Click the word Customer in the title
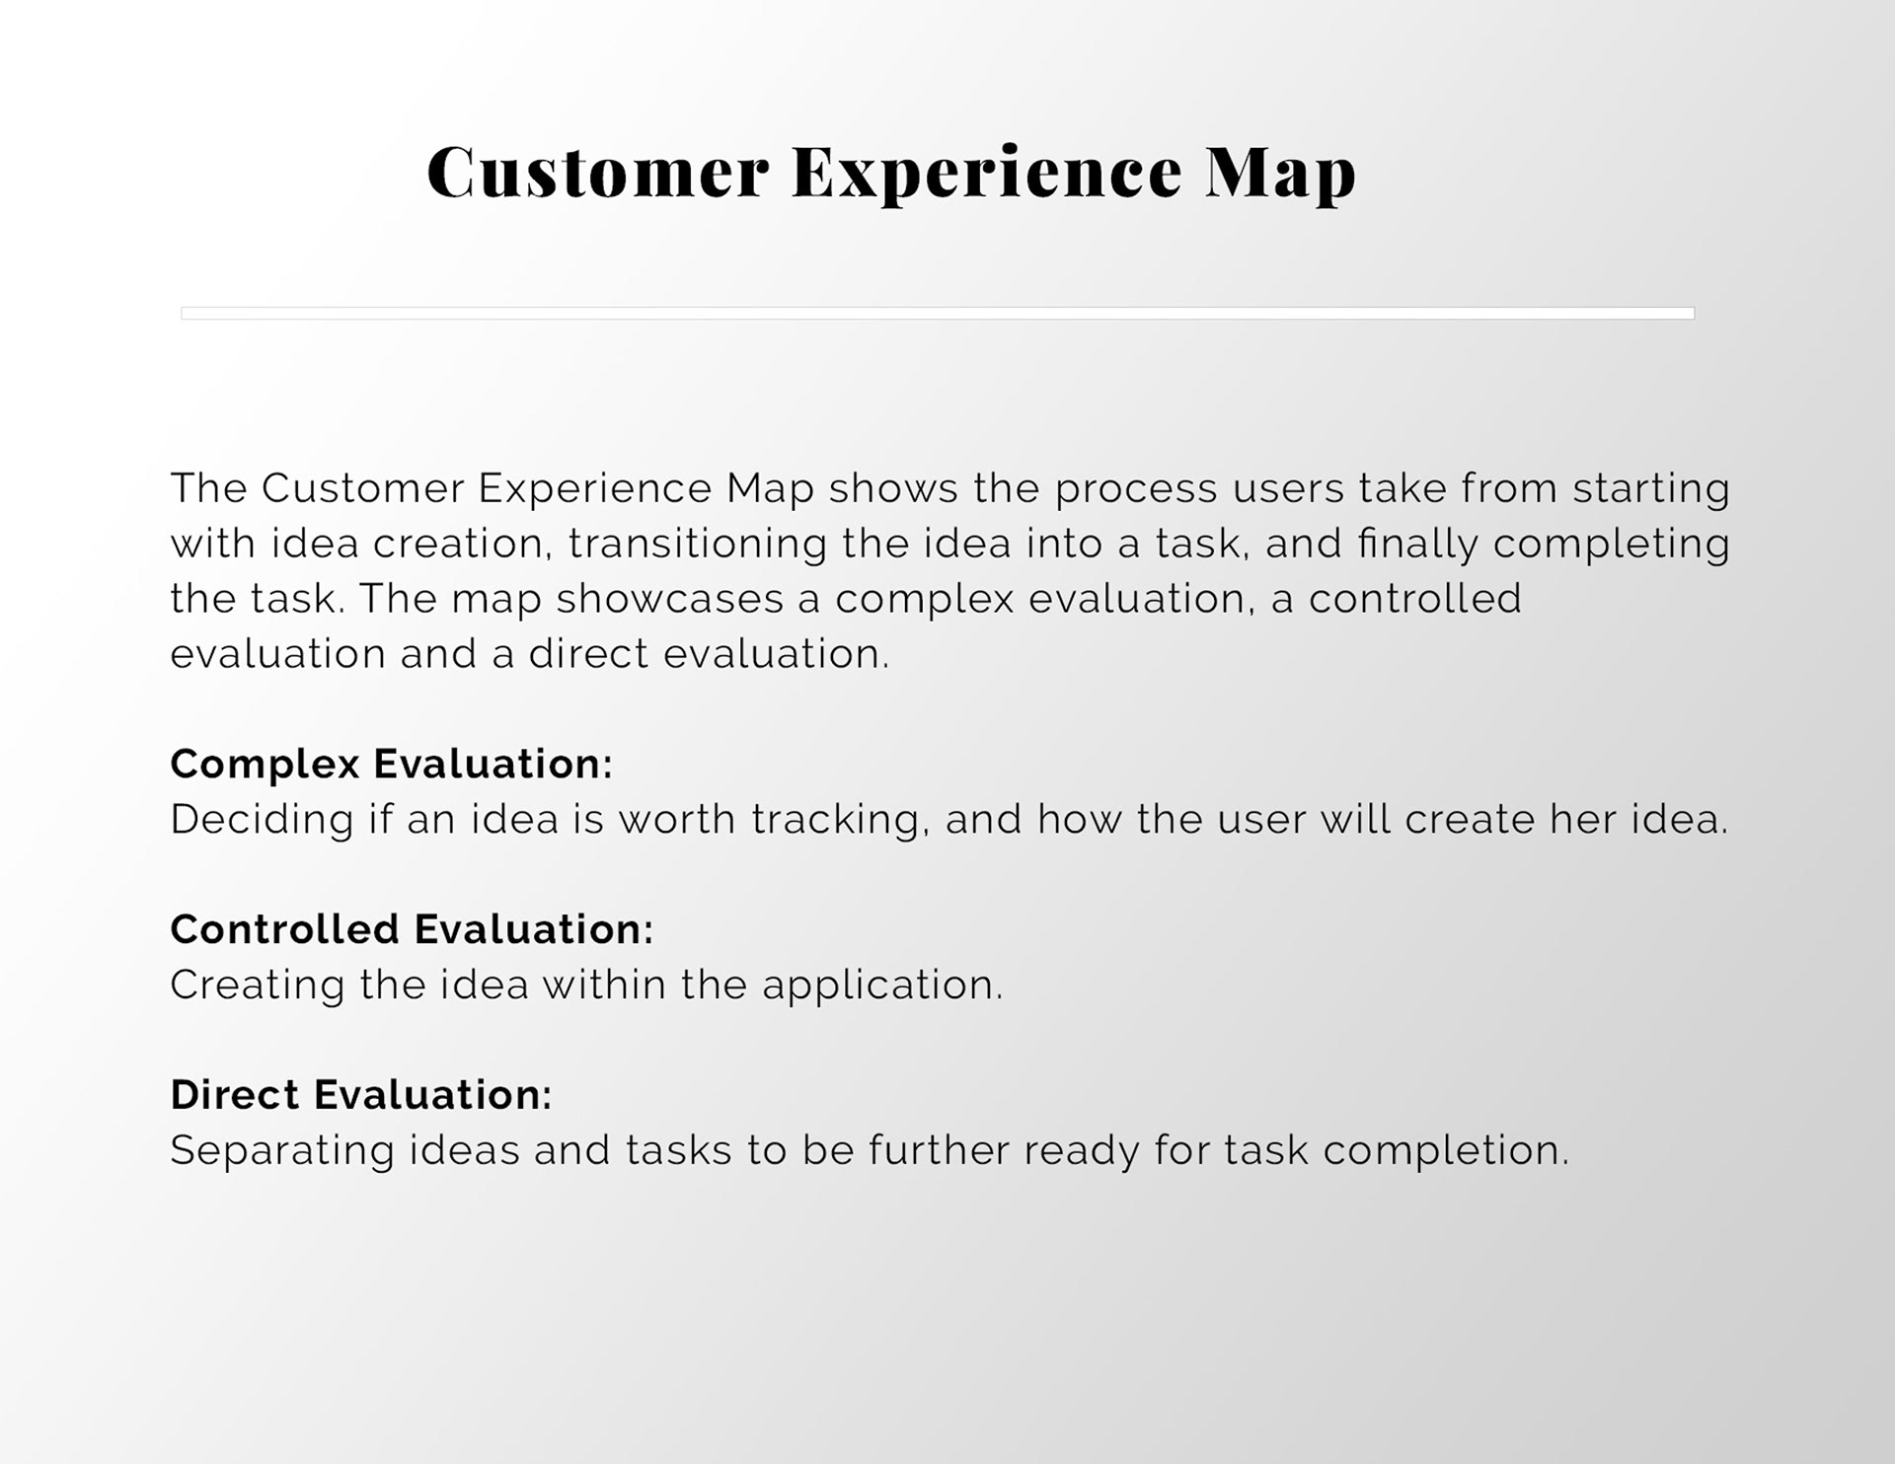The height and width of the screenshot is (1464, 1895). pos(597,172)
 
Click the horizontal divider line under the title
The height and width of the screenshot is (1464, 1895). pos(938,313)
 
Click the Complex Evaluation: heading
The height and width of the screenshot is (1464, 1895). pos(391,765)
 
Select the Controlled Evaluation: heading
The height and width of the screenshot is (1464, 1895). pos(412,929)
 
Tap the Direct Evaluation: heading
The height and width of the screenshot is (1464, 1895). pos(360,1095)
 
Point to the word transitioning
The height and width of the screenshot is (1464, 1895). pos(697,545)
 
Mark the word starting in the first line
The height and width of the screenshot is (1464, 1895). pos(1651,489)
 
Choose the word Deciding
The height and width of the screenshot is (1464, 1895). pos(262,821)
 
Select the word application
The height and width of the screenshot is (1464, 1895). pos(882,987)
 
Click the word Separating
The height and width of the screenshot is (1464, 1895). pos(282,1152)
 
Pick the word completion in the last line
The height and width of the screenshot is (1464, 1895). pos(1446,1152)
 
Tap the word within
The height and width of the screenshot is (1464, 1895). pos(604,985)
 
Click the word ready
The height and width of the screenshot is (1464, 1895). pos(1082,1152)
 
